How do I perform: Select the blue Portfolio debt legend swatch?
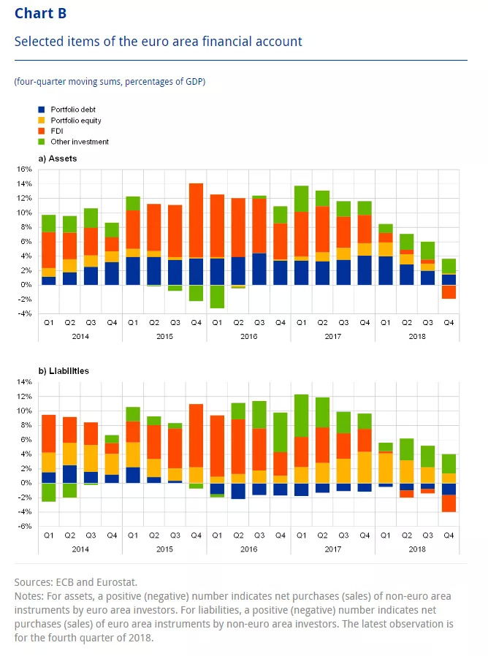pyautogui.click(x=42, y=110)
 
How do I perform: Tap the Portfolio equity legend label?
pyautogui.click(x=76, y=120)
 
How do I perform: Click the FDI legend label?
pyautogui.click(x=56, y=131)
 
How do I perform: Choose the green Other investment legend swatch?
pyautogui.click(x=42, y=142)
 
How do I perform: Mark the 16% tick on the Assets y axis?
pyautogui.click(x=24, y=169)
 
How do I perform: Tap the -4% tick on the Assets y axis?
pyautogui.click(x=24, y=314)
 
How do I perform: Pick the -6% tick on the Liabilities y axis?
pyautogui.click(x=24, y=527)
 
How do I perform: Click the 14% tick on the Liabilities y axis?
pyautogui.click(x=24, y=382)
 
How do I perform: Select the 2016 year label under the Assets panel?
pyautogui.click(x=248, y=335)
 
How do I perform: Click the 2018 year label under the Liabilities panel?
pyautogui.click(x=416, y=548)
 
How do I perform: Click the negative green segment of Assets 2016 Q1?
pyautogui.click(x=217, y=297)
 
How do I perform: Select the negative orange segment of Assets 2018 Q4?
pyautogui.click(x=449, y=292)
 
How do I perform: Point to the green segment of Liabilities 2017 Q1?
pyautogui.click(x=301, y=416)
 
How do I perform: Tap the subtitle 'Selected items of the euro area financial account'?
pyautogui.click(x=159, y=42)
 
